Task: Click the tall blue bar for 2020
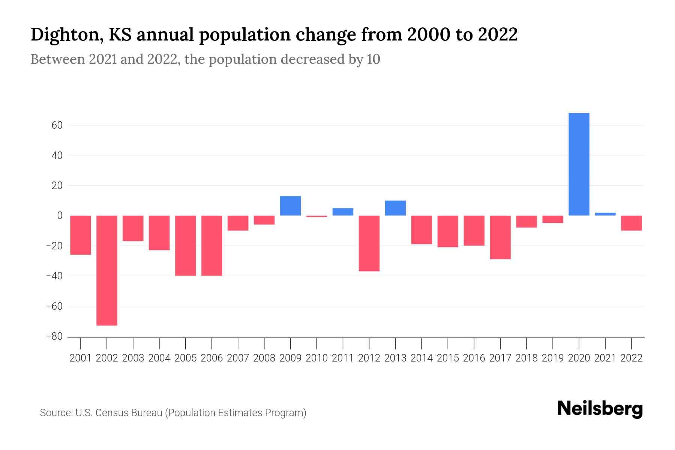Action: [x=579, y=164]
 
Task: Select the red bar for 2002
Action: [x=107, y=270]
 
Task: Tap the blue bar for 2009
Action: [x=290, y=206]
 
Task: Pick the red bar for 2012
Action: [x=369, y=243]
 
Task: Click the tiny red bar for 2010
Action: [x=316, y=216]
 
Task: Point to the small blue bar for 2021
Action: [x=605, y=214]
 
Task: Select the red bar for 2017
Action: [x=500, y=237]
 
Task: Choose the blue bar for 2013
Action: [x=395, y=208]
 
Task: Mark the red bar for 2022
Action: [x=631, y=223]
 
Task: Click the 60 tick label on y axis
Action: [x=57, y=125]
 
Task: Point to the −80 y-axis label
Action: [x=54, y=336]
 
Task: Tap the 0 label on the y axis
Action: [x=60, y=216]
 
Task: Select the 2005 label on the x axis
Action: [x=186, y=358]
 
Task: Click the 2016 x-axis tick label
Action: [x=474, y=358]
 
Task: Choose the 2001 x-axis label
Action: [x=81, y=358]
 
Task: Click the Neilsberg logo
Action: [x=600, y=409]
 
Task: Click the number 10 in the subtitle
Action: [x=373, y=59]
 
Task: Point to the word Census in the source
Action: [x=113, y=413]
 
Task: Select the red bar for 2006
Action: [x=212, y=246]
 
